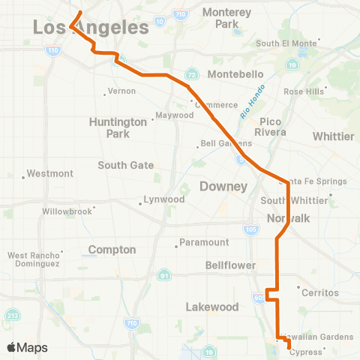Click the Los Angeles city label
point(90,28)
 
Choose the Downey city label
point(223,185)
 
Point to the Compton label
point(112,249)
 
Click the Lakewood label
point(211,307)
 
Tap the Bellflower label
point(230,265)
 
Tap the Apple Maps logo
point(26,347)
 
